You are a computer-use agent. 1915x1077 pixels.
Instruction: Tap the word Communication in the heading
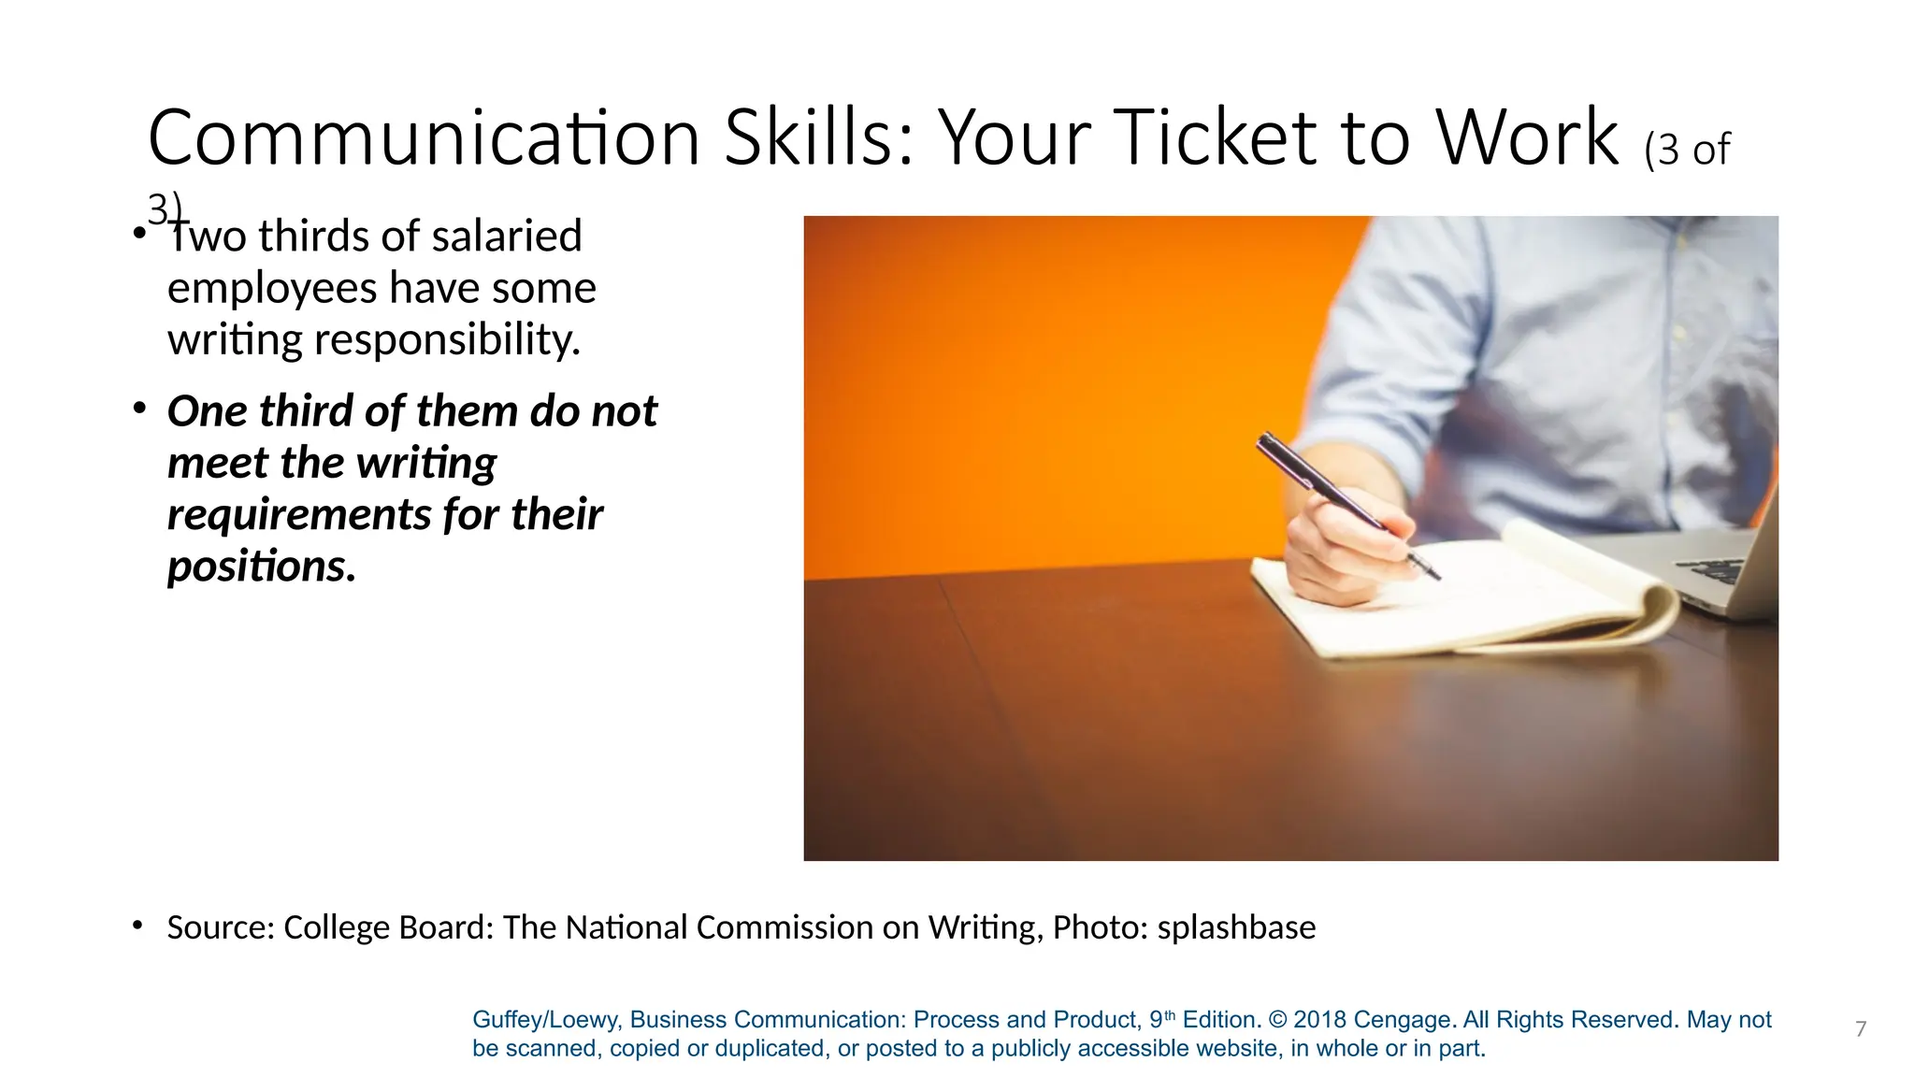[x=423, y=138]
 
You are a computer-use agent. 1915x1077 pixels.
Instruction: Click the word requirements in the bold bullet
[x=297, y=514]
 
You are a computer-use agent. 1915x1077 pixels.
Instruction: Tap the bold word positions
[x=261, y=566]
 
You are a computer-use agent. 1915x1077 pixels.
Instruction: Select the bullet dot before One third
[x=139, y=409]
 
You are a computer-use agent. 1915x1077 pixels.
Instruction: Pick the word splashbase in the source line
[x=1236, y=927]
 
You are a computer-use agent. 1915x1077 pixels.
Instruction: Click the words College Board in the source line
[x=388, y=927]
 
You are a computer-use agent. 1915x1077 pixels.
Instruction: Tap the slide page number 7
[x=1860, y=1029]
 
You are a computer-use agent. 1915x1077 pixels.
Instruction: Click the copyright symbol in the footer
[x=1277, y=1020]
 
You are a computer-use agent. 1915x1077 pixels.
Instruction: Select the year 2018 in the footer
[x=1319, y=1020]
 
